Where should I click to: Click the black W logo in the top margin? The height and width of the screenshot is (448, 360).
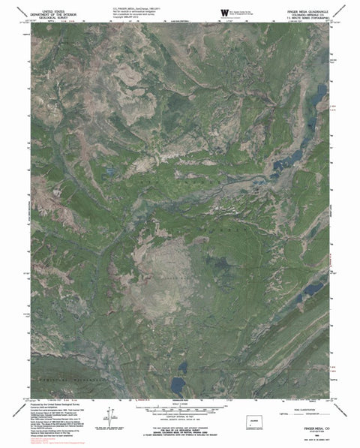tap(224, 13)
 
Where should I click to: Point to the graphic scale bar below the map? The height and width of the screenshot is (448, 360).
tap(180, 410)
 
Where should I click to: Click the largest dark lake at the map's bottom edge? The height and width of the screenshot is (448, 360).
tap(178, 384)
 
